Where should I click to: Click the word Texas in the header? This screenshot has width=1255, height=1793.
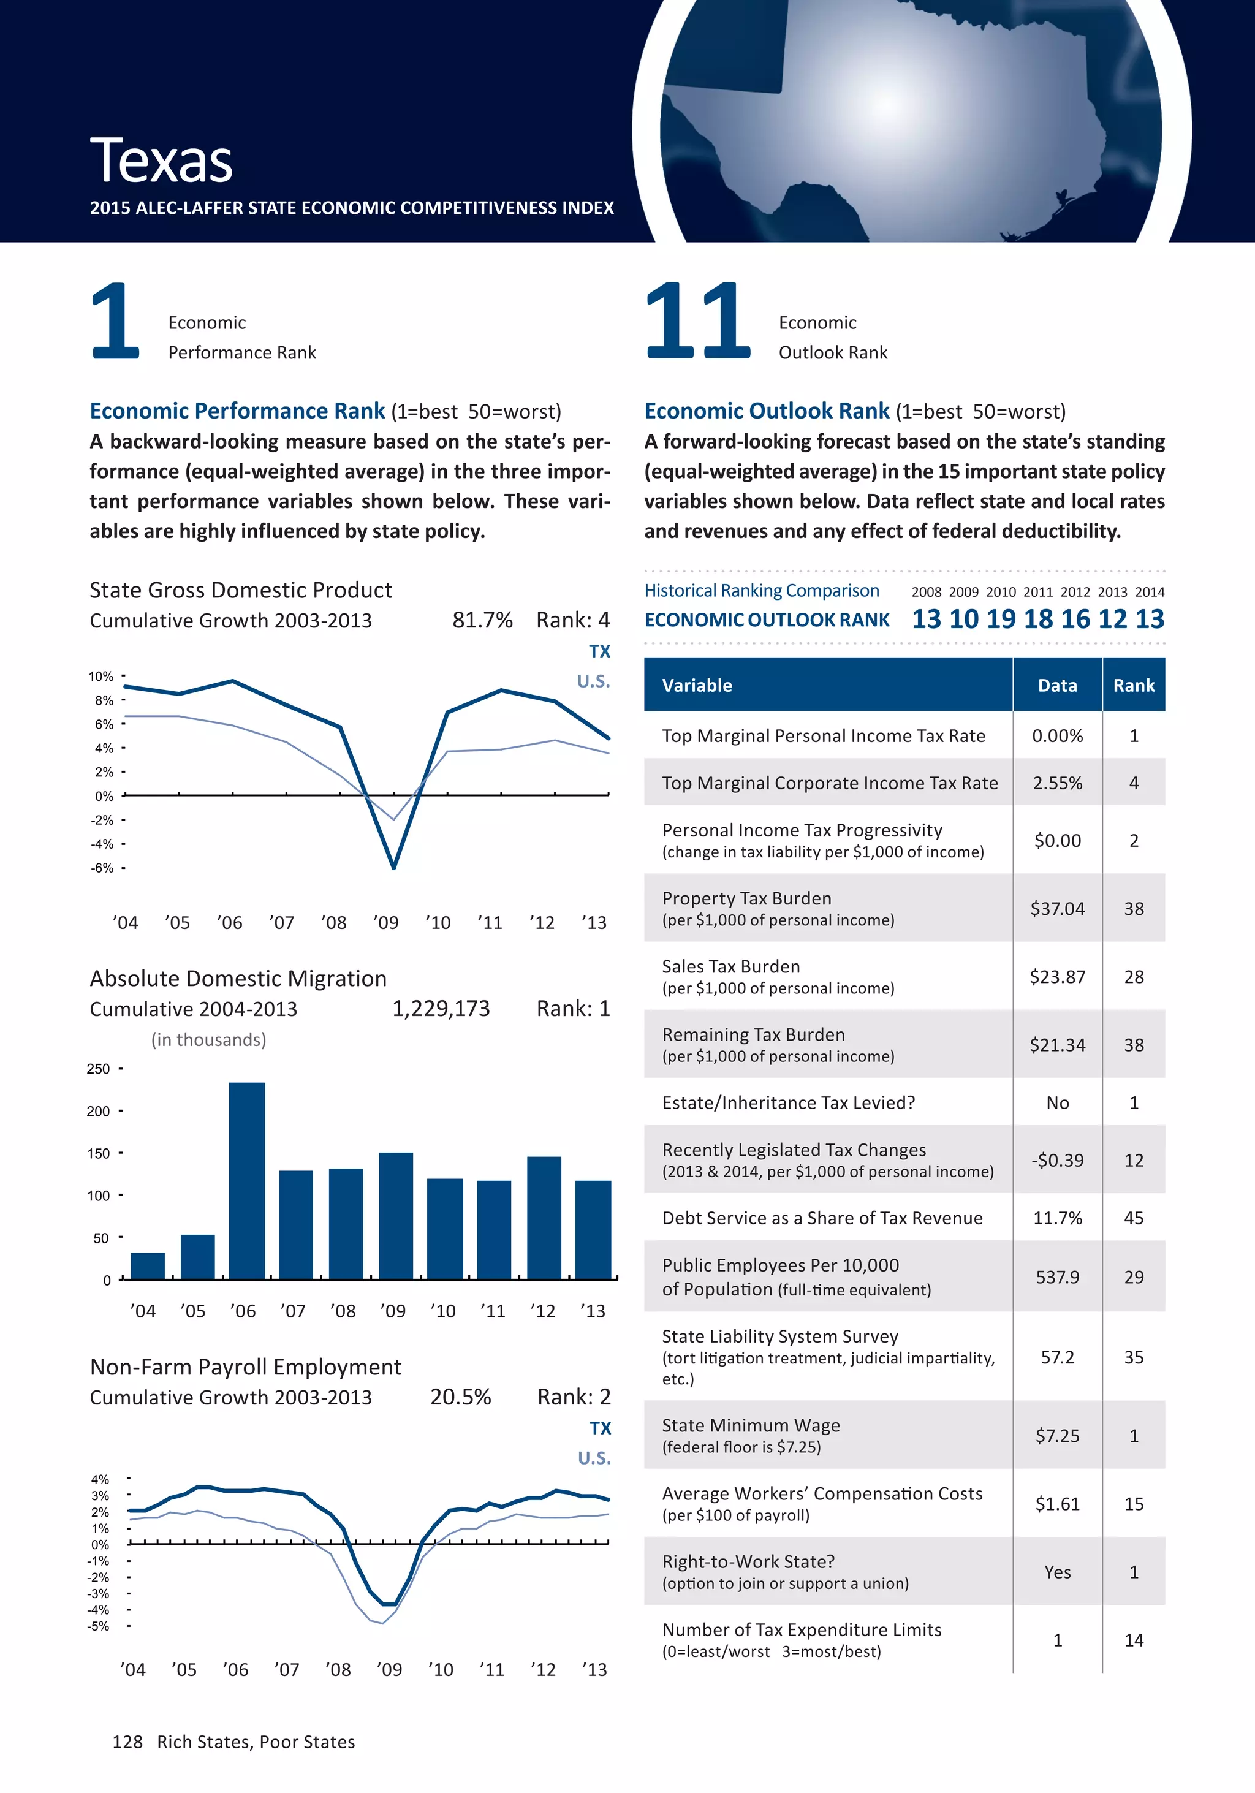(161, 161)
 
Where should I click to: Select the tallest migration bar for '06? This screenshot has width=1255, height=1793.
(247, 1180)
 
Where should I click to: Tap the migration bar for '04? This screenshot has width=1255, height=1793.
(148, 1265)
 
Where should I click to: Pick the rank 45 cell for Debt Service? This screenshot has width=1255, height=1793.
(1133, 1218)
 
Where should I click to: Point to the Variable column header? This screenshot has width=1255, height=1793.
(697, 685)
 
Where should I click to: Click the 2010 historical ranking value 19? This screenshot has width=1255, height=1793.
(1001, 620)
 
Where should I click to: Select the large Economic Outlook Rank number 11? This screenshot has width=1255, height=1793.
(697, 321)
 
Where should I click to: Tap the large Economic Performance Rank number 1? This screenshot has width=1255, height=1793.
(116, 321)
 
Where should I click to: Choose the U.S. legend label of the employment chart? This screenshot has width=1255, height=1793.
(594, 1458)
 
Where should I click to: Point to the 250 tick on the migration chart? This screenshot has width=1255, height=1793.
(99, 1068)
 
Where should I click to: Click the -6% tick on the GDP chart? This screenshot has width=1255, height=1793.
(102, 868)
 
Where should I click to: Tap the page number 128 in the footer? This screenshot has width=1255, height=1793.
(127, 1742)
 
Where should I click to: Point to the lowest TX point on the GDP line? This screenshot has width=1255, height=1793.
(393, 867)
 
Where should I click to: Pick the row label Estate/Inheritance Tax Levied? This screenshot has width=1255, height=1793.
(788, 1102)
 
